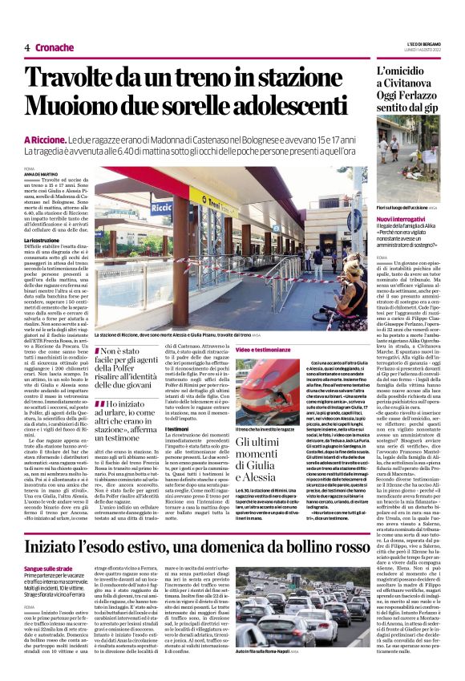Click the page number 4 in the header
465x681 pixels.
tap(27, 47)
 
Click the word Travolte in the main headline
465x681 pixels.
tap(70, 78)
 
